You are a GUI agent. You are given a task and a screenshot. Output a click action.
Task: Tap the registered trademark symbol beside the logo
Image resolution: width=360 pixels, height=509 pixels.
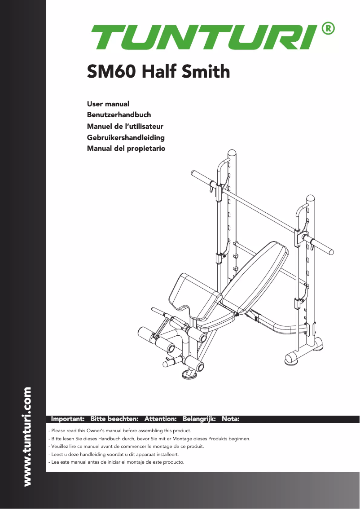point(328,28)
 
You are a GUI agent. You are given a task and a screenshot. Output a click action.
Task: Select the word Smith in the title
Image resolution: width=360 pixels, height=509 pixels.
point(207,71)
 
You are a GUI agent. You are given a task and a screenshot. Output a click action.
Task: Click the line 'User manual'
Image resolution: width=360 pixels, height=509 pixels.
point(108,104)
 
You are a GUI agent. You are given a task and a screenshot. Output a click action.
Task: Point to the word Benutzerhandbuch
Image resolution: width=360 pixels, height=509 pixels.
point(119,115)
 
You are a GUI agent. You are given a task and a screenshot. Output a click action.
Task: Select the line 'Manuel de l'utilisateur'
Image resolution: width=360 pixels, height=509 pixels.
point(125,126)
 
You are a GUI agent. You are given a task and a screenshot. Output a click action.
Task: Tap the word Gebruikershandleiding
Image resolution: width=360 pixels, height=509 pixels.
point(126,137)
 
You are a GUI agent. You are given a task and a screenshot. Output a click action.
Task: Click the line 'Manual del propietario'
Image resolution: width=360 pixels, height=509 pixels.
point(126,148)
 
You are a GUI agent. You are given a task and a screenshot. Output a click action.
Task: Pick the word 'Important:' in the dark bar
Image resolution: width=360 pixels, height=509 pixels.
point(68,419)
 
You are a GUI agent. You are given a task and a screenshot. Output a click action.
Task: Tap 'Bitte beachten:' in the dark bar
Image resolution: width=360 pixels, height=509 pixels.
point(114,419)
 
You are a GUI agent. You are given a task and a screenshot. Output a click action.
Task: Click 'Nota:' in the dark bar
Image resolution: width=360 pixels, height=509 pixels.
point(231,419)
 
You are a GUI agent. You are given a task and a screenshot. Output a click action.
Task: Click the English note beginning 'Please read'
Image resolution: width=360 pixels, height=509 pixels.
point(119,430)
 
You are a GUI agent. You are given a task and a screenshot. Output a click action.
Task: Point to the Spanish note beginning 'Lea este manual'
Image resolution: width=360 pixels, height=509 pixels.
point(116,462)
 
